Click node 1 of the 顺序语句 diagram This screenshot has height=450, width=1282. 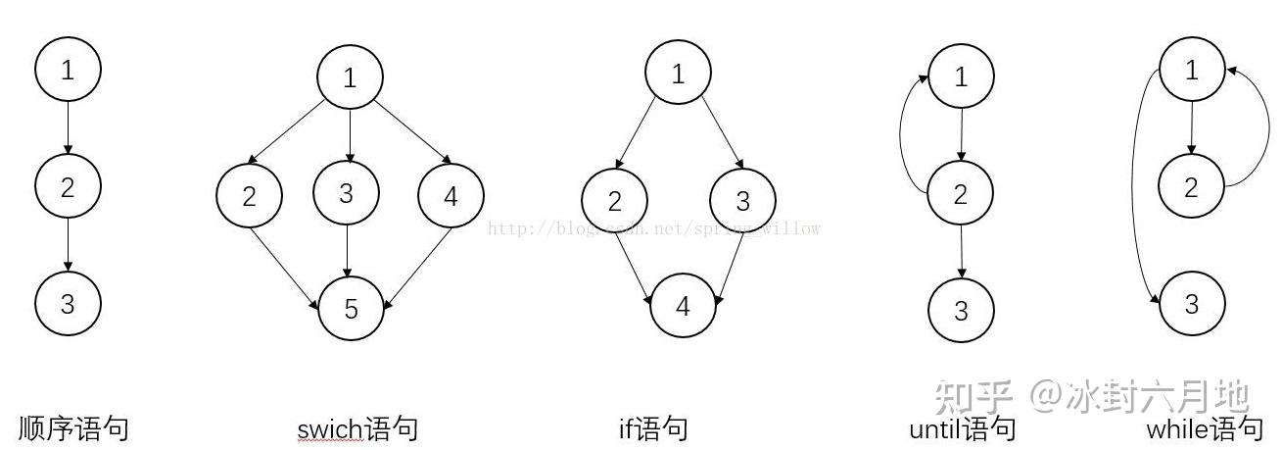pos(68,70)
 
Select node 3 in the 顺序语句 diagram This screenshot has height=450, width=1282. pos(68,303)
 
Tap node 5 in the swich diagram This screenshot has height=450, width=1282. pos(351,309)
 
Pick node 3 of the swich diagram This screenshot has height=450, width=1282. pos(346,193)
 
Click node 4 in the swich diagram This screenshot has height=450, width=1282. pos(451,197)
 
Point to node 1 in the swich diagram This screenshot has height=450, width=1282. pos(350,78)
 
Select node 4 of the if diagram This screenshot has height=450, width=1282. pos(683,306)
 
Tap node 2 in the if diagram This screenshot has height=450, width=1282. pos(614,201)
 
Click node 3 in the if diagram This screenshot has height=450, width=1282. pos(742,201)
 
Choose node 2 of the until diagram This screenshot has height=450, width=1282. pos(961,193)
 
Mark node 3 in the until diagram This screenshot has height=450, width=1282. pos(961,310)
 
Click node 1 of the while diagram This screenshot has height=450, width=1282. pos(1191,71)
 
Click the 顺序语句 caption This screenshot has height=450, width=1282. pos(73,428)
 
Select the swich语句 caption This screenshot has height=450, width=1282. pos(357,429)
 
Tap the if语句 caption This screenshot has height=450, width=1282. pos(653,428)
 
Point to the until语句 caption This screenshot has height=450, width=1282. pos(962,429)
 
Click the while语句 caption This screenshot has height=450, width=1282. pos(1205,429)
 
